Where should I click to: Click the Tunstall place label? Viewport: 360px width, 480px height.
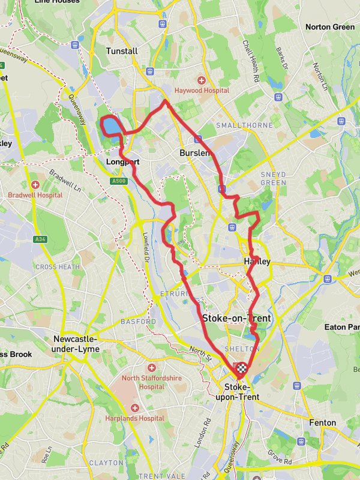pos(122,51)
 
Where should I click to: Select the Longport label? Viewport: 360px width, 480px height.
pos(122,162)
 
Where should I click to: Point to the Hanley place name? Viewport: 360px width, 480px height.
pos(257,262)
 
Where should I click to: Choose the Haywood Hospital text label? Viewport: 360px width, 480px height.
pos(202,91)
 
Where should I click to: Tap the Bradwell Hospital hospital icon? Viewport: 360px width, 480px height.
pos(35,185)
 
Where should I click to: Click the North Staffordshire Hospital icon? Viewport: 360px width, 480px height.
pos(151,367)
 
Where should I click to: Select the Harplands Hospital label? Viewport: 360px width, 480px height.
pos(134,418)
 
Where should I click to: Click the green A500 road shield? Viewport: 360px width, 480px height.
pos(119,181)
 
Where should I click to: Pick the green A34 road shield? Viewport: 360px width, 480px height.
pos(40,239)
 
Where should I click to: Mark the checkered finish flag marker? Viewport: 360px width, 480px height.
pos(241,369)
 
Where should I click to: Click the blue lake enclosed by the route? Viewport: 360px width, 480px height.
pos(111,127)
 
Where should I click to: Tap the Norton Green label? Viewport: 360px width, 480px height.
pos(330,27)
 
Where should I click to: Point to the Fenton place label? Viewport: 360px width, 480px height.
pos(322,422)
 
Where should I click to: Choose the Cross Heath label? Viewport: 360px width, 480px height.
pos(58,267)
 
